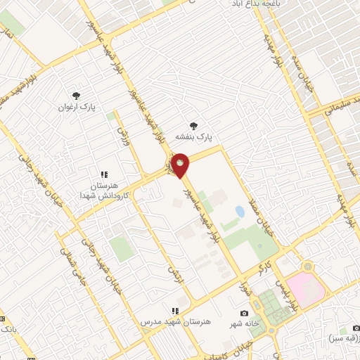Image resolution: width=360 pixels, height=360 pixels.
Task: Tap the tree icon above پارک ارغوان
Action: (x=76, y=96)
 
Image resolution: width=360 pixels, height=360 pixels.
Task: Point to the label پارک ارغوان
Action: (x=77, y=107)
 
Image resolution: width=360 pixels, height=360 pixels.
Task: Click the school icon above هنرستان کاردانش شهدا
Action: (x=103, y=174)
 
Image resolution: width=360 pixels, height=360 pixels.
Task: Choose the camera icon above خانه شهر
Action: (x=244, y=313)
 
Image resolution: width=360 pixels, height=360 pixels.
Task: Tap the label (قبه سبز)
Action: (x=343, y=339)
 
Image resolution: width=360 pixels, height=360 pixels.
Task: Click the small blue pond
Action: (x=240, y=211)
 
